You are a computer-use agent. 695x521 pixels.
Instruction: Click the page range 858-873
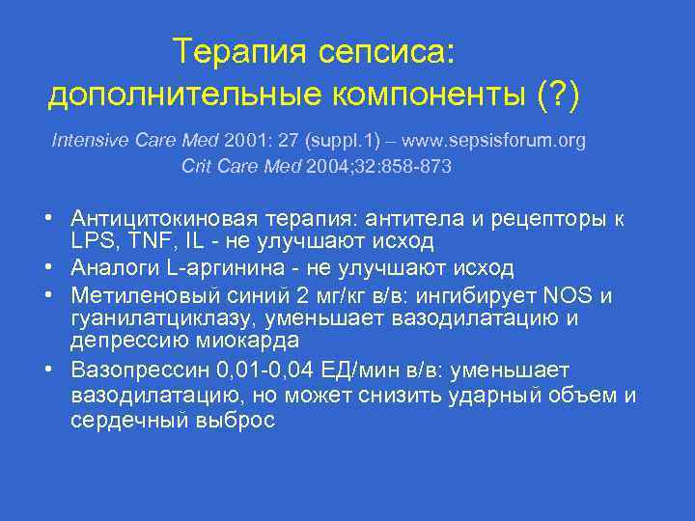point(416,167)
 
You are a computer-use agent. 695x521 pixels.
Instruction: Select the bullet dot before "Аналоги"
point(58,267)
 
